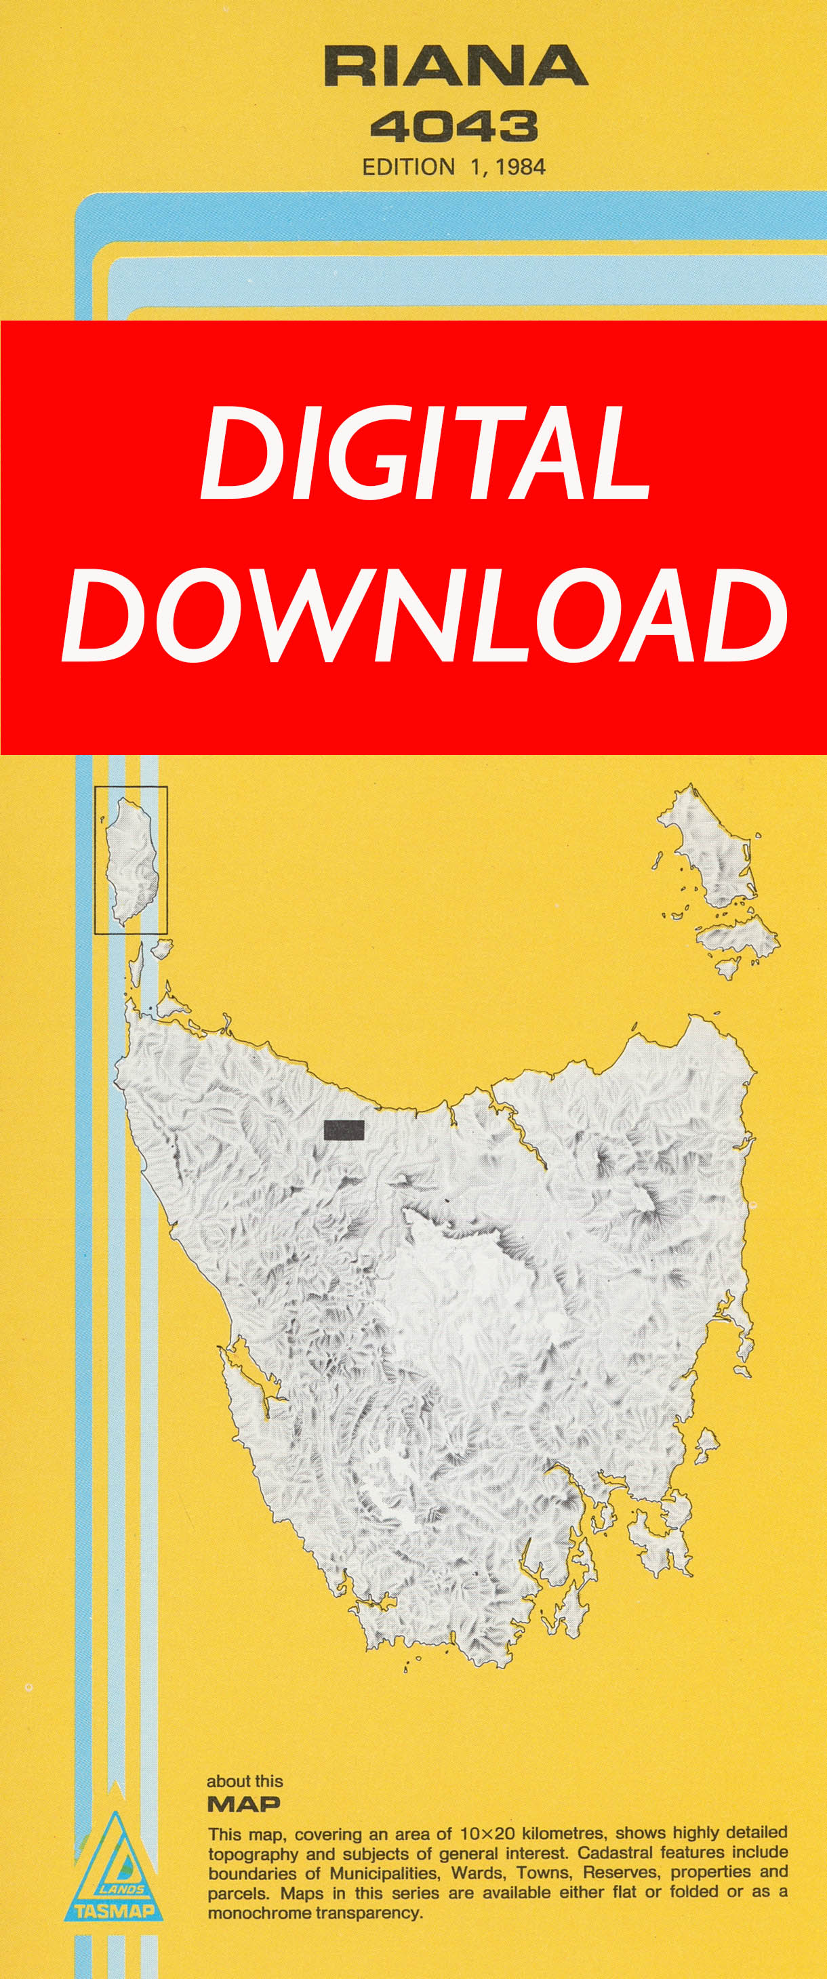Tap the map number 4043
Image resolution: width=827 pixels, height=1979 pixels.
[453, 127]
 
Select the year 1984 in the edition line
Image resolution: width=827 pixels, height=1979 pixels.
[521, 167]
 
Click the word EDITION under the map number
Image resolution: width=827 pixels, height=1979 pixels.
[408, 167]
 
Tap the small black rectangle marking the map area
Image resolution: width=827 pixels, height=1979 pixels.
[344, 1129]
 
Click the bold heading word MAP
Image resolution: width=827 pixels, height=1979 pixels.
[243, 1805]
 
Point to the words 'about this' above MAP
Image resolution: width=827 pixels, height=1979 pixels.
[245, 1782]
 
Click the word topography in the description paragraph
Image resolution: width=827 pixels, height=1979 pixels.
[253, 1853]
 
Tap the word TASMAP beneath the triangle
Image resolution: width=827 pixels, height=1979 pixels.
[115, 1911]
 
